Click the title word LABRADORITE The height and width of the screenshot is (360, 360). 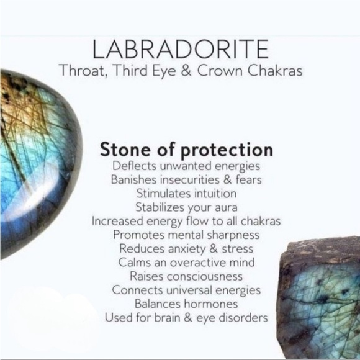pyautogui.click(x=181, y=48)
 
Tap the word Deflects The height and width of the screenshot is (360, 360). pyautogui.click(x=134, y=166)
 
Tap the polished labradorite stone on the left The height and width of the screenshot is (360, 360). pyautogui.click(x=34, y=161)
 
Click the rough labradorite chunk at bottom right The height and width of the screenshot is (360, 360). pyautogui.click(x=320, y=298)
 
